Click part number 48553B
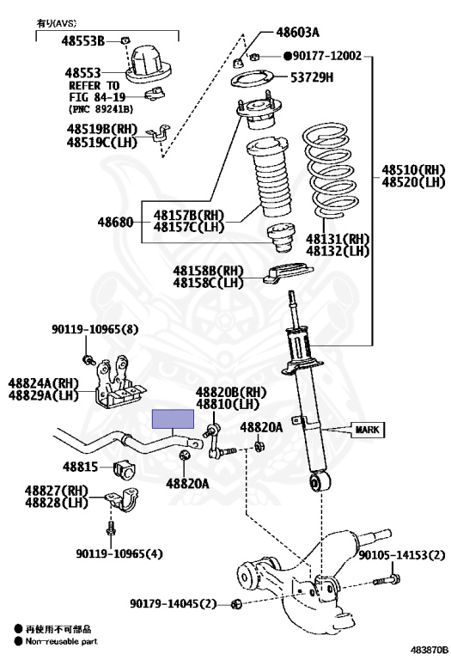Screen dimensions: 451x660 [x=82, y=41]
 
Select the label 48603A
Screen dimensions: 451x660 [x=297, y=32]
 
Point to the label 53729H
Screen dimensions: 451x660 [x=312, y=77]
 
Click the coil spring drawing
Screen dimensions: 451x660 [x=331, y=170]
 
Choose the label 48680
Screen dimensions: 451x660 [x=115, y=222]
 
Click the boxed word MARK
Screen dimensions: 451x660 [x=368, y=430]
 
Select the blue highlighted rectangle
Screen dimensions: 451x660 [x=173, y=419]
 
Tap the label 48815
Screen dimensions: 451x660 [x=81, y=467]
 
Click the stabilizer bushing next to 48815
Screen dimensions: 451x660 [x=123, y=472]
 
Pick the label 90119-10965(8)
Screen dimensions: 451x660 [x=95, y=329]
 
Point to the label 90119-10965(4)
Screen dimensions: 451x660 [x=119, y=553]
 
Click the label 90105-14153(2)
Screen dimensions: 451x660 [x=402, y=555]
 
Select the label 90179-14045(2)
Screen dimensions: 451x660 [x=179, y=603]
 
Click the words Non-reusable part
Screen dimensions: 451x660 [x=62, y=641]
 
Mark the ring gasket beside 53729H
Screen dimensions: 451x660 [x=253, y=79]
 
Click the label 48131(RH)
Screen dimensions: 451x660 [x=338, y=239]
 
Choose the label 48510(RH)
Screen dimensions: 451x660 [x=413, y=169]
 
